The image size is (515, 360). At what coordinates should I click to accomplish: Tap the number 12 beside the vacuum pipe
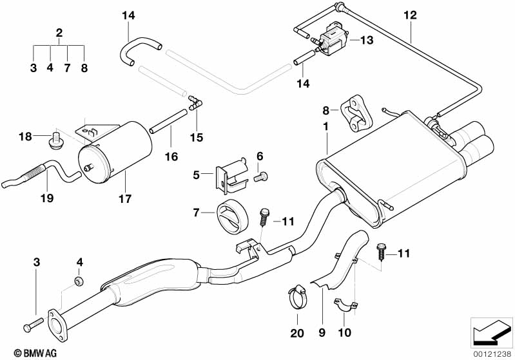click(x=410, y=15)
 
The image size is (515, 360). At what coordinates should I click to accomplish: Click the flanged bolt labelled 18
click(x=54, y=138)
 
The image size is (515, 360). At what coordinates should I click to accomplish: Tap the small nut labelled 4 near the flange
click(x=79, y=282)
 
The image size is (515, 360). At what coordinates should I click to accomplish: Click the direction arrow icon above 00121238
click(x=492, y=332)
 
